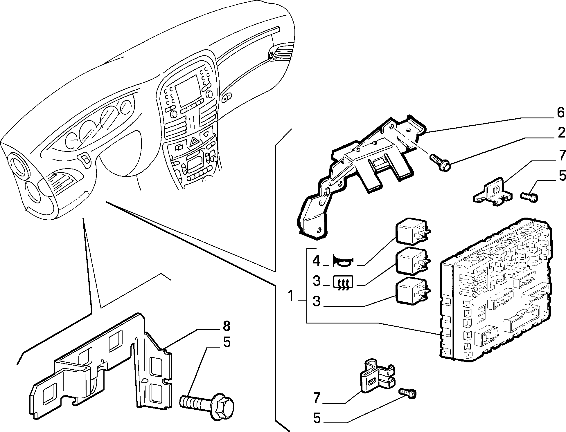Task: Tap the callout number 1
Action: (291, 296)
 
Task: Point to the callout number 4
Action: (316, 261)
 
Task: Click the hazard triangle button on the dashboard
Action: (193, 142)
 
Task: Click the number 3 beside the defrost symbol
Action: (317, 281)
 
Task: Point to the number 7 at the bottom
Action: (317, 397)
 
